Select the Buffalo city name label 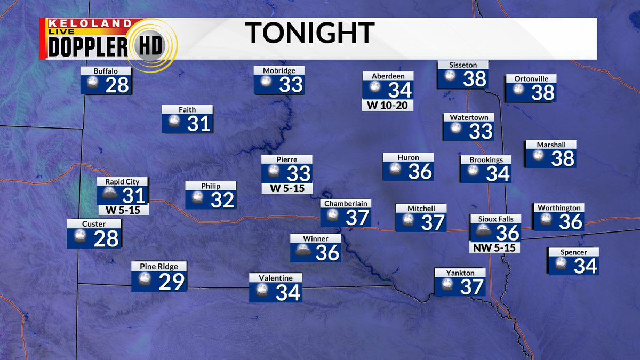coord(105,71)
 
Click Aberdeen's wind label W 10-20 coord(388,105)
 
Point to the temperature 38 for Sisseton coord(475,79)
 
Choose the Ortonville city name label coord(531,78)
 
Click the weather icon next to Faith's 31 coord(173,123)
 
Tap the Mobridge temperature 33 coord(291,84)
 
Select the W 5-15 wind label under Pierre coord(286,188)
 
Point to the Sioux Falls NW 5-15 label coord(495,247)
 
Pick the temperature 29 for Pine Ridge coord(171,281)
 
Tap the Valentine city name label coord(275,278)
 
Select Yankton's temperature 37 coord(471,287)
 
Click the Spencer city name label coord(573,252)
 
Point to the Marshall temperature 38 coord(562,158)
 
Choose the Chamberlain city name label coord(346,203)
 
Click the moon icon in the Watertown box coord(455,130)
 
